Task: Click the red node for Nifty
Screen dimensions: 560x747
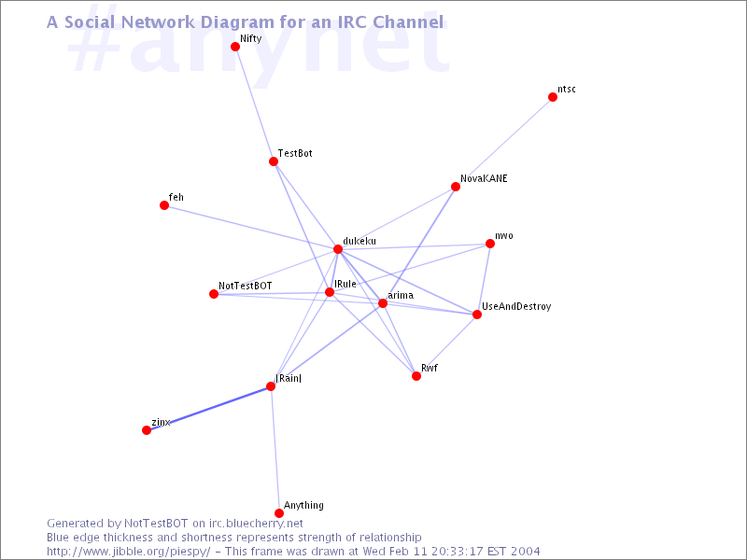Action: [x=235, y=47]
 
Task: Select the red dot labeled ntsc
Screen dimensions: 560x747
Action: [x=553, y=97]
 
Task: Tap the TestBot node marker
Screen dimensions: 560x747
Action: [x=274, y=161]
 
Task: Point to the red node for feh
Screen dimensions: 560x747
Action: [x=164, y=205]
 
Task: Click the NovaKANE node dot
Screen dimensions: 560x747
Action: [x=456, y=187]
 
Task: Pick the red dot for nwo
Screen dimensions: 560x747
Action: [x=490, y=245]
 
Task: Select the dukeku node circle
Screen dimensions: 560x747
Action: [x=338, y=249]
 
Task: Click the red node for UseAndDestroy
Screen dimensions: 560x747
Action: [x=477, y=315]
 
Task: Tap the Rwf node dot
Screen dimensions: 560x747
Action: [x=416, y=376]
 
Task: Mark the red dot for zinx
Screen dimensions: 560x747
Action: [x=147, y=430]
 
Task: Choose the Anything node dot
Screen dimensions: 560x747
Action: [x=279, y=513]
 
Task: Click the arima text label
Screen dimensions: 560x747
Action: [x=401, y=296]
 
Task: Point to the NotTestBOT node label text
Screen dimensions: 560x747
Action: [x=246, y=285]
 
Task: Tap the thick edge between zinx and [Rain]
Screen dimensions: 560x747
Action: [x=208, y=408]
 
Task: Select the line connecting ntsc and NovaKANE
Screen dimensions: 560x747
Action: [x=504, y=142]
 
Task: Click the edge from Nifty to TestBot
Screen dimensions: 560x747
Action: [x=254, y=104]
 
